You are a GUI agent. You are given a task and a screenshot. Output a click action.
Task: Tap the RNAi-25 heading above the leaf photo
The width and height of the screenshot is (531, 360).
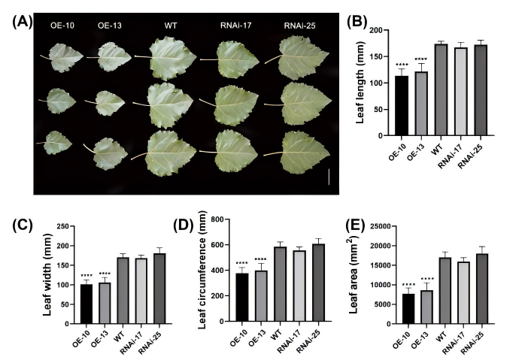point(299,26)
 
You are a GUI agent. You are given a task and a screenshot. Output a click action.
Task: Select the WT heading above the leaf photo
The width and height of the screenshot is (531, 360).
point(171,26)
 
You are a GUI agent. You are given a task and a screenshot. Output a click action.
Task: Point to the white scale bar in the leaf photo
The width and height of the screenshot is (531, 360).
point(329,177)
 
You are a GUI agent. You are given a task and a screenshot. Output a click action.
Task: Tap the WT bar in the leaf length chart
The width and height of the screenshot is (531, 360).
point(441,89)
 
